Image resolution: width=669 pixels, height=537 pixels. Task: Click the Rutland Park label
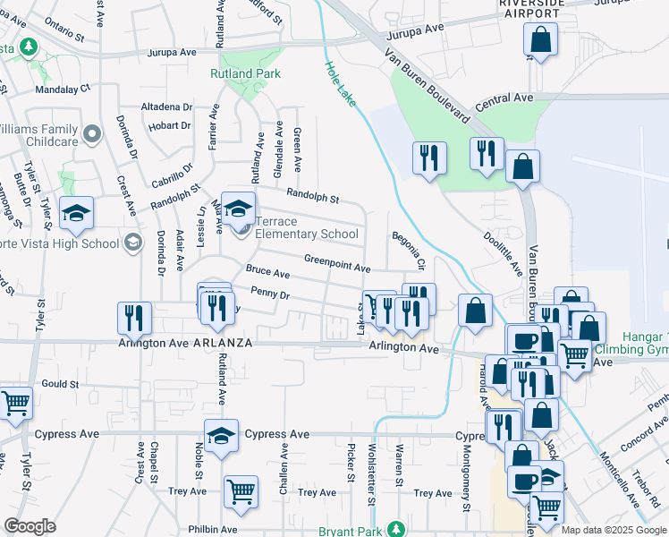245,74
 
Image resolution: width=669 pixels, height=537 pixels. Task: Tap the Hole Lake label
341,86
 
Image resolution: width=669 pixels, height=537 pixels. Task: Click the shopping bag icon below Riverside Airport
540,39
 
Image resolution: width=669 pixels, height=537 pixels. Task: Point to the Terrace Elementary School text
307,228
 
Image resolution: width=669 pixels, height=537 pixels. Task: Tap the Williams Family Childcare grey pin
91,135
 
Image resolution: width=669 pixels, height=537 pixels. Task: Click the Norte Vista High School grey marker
133,243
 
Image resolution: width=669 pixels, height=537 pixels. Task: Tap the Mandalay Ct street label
63,89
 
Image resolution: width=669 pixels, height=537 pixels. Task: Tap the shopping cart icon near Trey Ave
241,490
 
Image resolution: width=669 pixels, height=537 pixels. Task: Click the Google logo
30,526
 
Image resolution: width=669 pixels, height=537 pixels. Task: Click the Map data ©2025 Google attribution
614,530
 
